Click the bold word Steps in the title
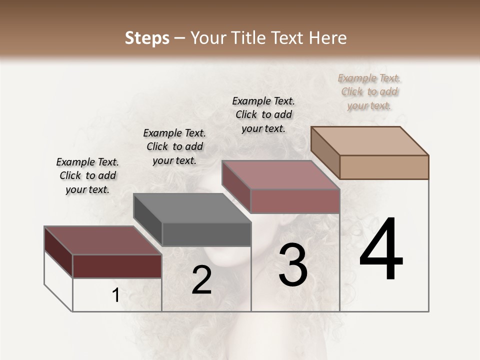click(147, 38)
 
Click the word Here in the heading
click(328, 38)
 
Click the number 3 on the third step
click(293, 265)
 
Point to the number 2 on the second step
click(201, 280)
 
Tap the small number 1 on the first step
click(115, 295)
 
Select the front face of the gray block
click(206, 234)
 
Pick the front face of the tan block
click(384, 167)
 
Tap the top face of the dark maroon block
click(103, 240)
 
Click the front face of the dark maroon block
click(117, 266)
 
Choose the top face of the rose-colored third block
click(280, 175)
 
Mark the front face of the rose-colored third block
click(295, 201)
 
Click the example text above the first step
click(87, 175)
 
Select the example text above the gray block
click(174, 146)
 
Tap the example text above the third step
click(263, 114)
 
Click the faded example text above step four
click(369, 91)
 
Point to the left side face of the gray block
click(148, 220)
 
